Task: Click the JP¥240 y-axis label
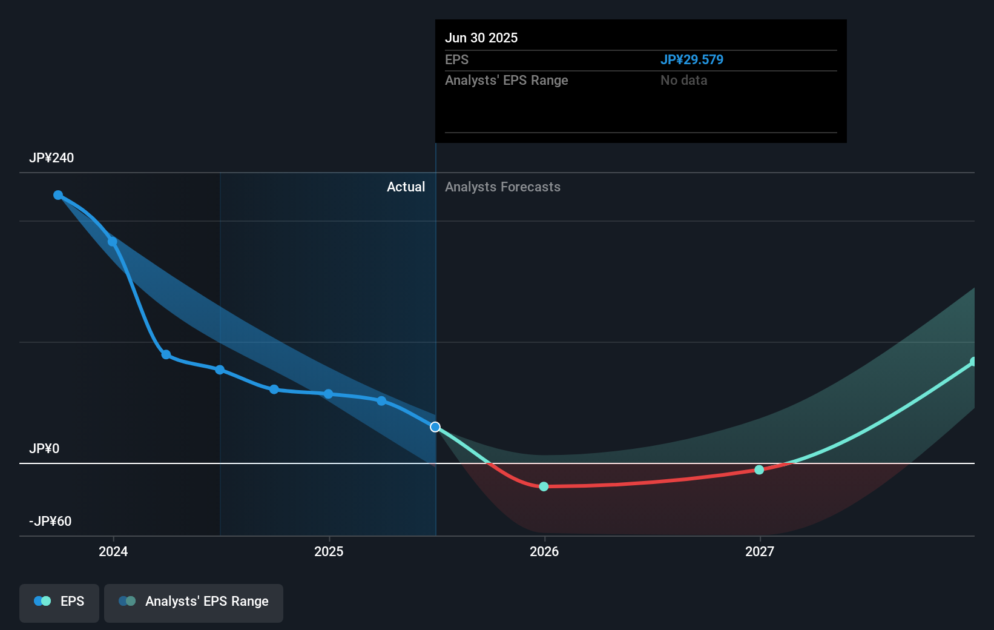[x=51, y=158]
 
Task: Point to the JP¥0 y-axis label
[x=44, y=449]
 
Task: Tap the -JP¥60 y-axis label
[x=50, y=522]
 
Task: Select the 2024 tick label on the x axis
[x=113, y=552]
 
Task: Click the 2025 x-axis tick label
[x=329, y=552]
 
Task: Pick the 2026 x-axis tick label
[x=544, y=552]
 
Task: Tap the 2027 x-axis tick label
[x=760, y=552]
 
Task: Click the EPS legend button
[x=59, y=602]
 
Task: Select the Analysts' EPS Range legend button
[x=194, y=602]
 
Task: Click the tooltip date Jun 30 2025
[x=481, y=38]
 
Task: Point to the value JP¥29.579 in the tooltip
[x=691, y=60]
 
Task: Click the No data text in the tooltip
[x=683, y=81]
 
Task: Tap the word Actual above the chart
[x=406, y=187]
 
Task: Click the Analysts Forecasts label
[x=502, y=187]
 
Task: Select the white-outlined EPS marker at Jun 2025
[x=435, y=427]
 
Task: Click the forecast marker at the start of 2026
[x=544, y=486]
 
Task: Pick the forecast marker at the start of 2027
[x=759, y=470]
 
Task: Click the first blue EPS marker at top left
[x=58, y=195]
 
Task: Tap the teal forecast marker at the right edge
[x=973, y=362]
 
